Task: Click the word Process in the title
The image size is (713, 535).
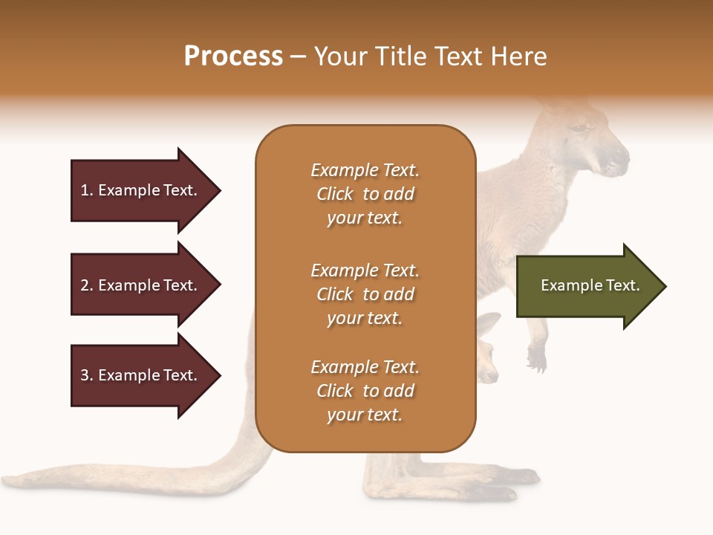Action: click(233, 56)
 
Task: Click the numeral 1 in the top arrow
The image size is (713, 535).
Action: click(85, 190)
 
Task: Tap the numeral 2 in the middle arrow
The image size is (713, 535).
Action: click(85, 285)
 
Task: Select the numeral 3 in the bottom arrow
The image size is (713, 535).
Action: click(85, 375)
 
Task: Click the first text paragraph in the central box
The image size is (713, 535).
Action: click(365, 194)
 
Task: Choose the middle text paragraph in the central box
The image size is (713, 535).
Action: click(365, 294)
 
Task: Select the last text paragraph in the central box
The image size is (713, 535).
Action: click(365, 391)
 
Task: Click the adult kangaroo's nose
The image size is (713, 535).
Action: click(621, 157)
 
